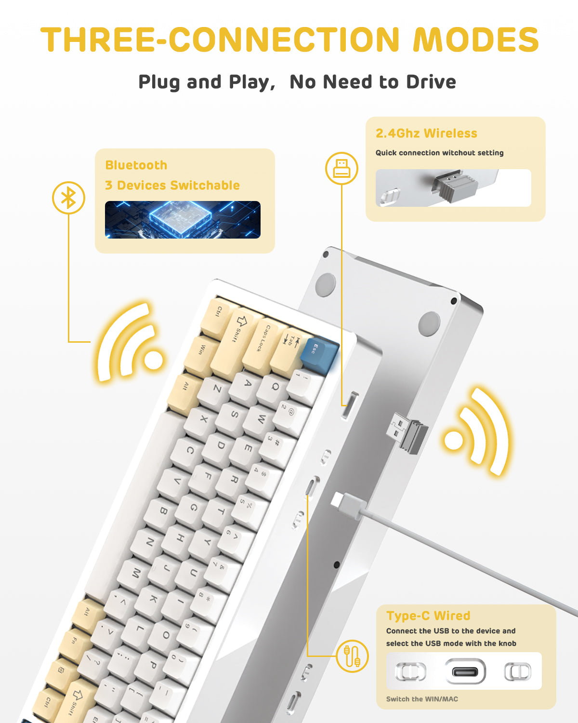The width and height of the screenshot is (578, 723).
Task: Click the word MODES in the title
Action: (476, 40)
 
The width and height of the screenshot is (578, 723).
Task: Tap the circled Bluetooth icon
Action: (68, 198)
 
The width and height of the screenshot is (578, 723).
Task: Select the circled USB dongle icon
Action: (342, 168)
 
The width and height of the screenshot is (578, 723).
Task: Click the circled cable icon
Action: (352, 656)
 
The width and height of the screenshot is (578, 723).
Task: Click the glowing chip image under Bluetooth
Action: (183, 220)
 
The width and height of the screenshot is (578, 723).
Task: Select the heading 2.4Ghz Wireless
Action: (426, 134)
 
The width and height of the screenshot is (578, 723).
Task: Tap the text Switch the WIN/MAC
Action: (422, 699)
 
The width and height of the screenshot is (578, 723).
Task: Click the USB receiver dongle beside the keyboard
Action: (407, 432)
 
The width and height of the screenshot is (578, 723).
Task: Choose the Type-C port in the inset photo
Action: (465, 671)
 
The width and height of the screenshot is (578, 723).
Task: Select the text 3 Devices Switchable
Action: (172, 186)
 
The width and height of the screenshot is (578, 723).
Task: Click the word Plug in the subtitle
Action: (159, 82)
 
